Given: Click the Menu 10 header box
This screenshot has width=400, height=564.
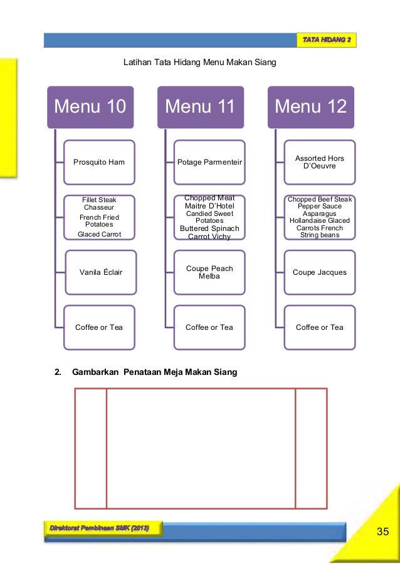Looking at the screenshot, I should (x=90, y=107).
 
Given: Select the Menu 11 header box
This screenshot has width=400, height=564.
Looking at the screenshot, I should (x=200, y=107).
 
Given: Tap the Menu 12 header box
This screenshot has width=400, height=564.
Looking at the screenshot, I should (x=310, y=107).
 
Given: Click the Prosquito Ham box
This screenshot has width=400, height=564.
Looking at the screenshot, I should (x=99, y=162).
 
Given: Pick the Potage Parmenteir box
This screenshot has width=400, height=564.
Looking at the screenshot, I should (x=209, y=162).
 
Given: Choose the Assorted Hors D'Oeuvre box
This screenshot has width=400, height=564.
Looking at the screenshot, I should (x=320, y=162).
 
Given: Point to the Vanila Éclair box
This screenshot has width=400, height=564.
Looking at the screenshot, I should (x=100, y=272).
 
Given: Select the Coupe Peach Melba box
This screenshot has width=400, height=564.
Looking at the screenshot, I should (x=209, y=272).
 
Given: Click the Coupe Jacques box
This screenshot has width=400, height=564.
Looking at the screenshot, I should (x=320, y=272).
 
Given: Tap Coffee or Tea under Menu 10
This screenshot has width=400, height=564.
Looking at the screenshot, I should (x=99, y=327).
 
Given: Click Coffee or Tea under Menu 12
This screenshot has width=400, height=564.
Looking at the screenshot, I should (x=320, y=327).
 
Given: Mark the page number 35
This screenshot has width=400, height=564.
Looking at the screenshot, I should (x=382, y=532).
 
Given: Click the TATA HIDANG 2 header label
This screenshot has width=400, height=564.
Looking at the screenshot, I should (x=327, y=41).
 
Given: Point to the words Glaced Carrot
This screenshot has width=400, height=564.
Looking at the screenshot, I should (x=99, y=234).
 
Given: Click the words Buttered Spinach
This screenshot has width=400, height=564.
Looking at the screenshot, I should (x=209, y=228).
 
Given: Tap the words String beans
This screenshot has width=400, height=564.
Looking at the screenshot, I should (x=320, y=235).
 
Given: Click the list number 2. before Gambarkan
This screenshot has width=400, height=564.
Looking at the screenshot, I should (x=58, y=372).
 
